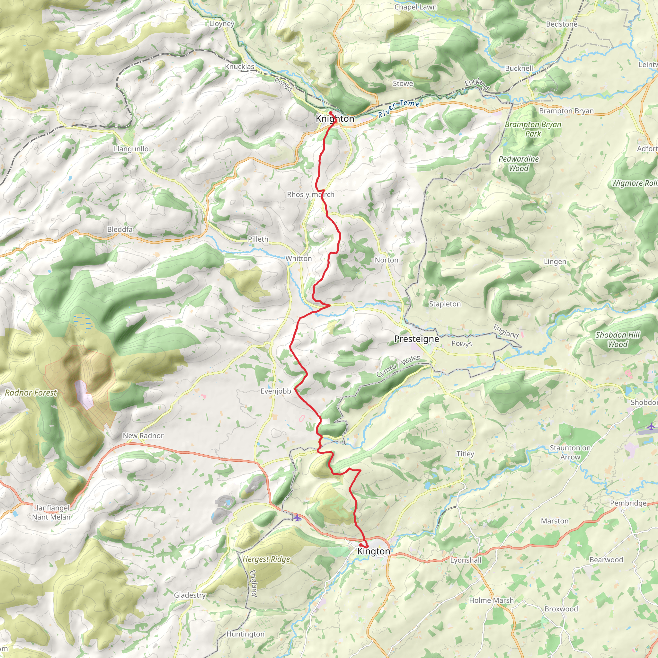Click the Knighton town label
coord(335,119)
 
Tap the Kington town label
coord(374,551)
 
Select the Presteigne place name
coord(416,339)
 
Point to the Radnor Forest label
coord(31,393)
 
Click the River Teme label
coord(399,108)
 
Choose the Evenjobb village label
coord(276,391)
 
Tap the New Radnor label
coord(143,436)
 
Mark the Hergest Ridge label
coord(266,559)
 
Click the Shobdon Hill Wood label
coord(618,340)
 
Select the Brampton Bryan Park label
coord(533,129)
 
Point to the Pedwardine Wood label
coord(518,164)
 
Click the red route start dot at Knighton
coord(331,113)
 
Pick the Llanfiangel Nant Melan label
coord(51,512)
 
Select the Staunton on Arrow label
coord(570,452)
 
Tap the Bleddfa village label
coord(120,229)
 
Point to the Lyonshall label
coord(466,560)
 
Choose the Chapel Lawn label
coord(415,7)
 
